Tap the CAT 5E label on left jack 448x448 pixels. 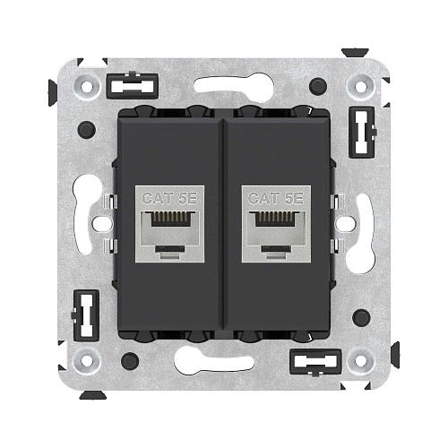[169, 198]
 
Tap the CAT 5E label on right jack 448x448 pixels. [276, 198]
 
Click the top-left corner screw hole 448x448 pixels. [87, 87]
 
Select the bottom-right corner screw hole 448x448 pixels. [360, 360]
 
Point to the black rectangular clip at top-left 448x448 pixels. [132, 86]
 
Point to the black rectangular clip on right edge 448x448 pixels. [362, 133]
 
